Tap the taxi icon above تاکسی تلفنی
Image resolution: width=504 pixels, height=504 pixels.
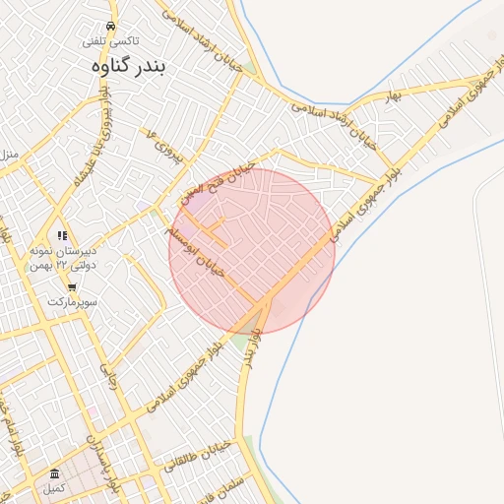pos(110,27)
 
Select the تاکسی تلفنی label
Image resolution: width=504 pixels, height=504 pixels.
pos(110,41)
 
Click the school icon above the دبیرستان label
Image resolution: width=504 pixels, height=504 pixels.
pos(63,235)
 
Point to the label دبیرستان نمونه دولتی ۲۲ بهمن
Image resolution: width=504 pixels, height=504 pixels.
pos(66,259)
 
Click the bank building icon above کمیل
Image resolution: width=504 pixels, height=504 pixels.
pos(55,474)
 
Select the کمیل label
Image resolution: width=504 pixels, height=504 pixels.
pos(54,489)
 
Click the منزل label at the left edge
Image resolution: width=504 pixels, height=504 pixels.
pos(9,156)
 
